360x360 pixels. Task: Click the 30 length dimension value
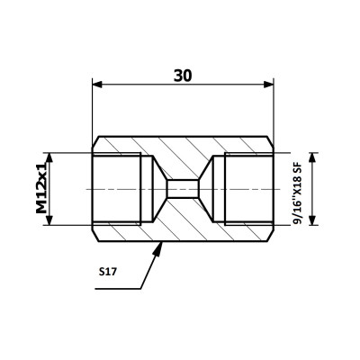tap(183, 76)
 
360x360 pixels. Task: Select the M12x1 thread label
tap(41, 189)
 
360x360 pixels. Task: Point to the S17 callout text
tap(107, 272)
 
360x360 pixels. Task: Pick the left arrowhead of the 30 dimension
tap(97, 85)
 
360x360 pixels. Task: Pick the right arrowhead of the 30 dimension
tap(268, 85)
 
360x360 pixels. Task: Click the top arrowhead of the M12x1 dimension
tap(49, 157)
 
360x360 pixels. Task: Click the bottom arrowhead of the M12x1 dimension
tap(49, 220)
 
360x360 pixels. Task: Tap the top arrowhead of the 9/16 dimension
tap(313, 157)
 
